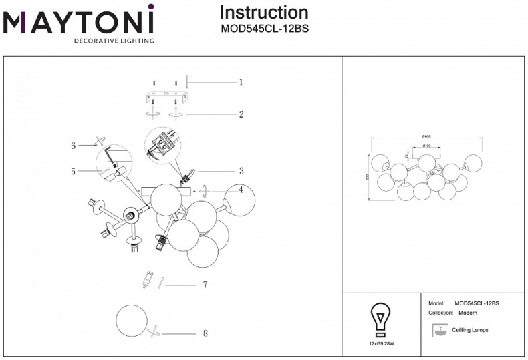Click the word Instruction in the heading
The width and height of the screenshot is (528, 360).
tap(264, 12)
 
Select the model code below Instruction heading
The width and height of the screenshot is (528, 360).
tap(264, 29)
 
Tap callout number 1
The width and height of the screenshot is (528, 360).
tap(241, 83)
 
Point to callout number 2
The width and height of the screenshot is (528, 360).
tap(241, 114)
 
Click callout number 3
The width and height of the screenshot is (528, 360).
tap(241, 171)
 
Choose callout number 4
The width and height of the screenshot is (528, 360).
tap(241, 190)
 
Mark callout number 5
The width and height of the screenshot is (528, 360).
tap(73, 172)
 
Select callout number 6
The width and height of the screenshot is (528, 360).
tap(73, 145)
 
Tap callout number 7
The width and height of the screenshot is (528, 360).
tap(205, 285)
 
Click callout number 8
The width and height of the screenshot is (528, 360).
tap(205, 333)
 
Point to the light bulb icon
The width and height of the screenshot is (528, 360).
tap(381, 319)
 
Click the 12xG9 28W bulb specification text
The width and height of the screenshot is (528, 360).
tap(381, 343)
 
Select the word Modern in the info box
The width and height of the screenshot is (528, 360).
tap(467, 313)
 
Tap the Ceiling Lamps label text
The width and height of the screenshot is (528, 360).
tap(470, 330)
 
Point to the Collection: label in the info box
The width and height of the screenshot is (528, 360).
tap(440, 313)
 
